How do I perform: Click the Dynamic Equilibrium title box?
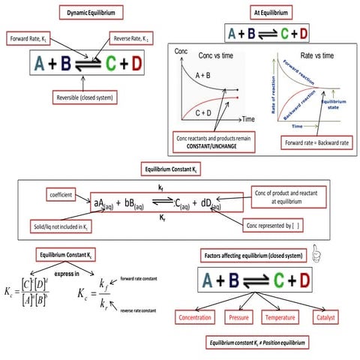click(91, 13)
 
